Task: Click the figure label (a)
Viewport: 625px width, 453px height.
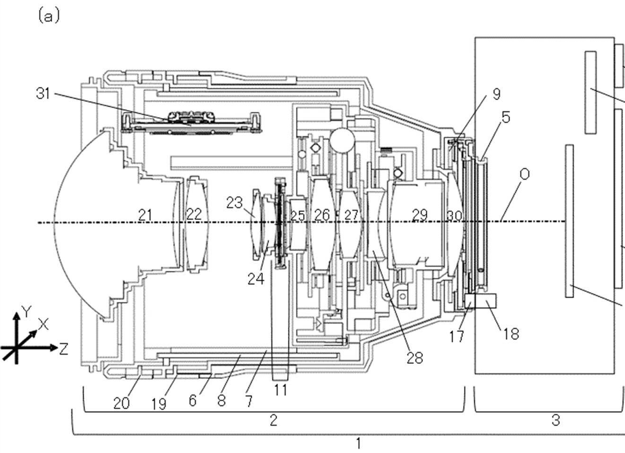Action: point(49,17)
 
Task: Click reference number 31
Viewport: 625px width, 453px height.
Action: point(43,93)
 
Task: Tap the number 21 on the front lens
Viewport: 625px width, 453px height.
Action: point(145,215)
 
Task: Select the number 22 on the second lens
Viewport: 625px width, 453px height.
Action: point(194,214)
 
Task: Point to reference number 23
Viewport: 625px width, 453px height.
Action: point(234,202)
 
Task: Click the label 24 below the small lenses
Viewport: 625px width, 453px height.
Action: point(256,279)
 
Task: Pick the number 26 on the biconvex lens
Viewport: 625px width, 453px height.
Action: point(322,215)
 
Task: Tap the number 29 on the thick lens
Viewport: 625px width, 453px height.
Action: point(420,215)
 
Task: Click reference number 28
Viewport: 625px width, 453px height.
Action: point(414,358)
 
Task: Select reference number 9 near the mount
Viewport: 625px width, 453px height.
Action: point(496,94)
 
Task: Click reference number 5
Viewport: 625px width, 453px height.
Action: point(506,117)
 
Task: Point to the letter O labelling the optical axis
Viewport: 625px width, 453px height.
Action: point(524,175)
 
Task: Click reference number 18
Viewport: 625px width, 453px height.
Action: point(511,334)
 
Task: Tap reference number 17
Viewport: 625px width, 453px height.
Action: point(456,336)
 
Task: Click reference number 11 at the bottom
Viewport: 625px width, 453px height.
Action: point(280,390)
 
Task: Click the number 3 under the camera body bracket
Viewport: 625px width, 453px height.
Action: point(556,419)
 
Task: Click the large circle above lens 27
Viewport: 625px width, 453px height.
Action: point(342,140)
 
